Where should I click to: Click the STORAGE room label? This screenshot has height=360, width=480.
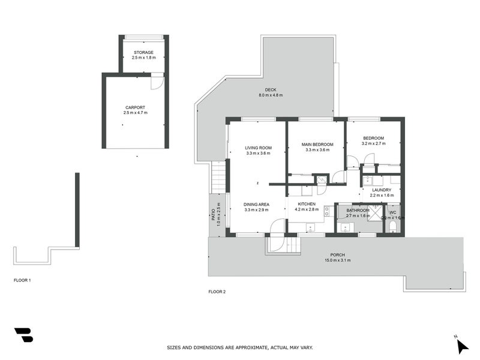coord(143,52)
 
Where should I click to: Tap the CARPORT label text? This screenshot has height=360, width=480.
coord(135,107)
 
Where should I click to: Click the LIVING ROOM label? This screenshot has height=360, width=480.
coord(258,148)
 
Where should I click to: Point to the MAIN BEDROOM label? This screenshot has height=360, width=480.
coord(317,144)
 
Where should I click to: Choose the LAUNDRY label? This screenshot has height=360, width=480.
coord(381,190)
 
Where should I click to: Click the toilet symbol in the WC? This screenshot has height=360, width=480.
coord(392,226)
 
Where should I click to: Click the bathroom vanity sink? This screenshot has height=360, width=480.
coord(345,227)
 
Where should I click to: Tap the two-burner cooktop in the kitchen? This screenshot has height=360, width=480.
coord(327,211)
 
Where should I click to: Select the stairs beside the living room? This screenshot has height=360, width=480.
coord(218,177)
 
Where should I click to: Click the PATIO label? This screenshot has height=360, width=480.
coord(213,214)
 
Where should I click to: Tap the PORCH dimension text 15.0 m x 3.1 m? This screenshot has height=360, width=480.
coord(338,260)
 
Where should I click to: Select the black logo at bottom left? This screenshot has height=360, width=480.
coord(23,335)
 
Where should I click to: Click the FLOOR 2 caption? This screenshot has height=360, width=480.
coord(217,292)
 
